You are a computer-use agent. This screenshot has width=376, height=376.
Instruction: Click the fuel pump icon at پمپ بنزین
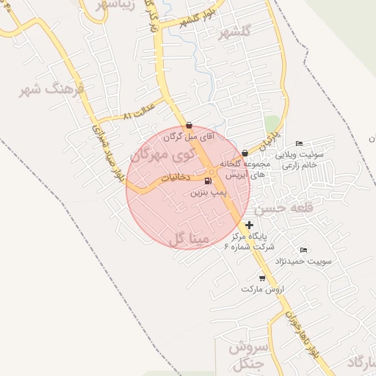pyautogui.click(x=208, y=181)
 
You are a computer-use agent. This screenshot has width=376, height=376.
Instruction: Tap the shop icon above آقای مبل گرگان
pyautogui.click(x=189, y=125)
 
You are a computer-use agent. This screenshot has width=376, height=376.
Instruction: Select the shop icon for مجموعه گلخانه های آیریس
pyautogui.click(x=245, y=153)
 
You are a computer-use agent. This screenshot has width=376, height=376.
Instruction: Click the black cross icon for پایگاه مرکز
pyautogui.click(x=250, y=225)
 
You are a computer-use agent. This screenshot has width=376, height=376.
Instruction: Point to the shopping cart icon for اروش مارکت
pyautogui.click(x=262, y=278)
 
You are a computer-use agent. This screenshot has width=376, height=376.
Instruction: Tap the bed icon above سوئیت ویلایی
pyautogui.click(x=298, y=143)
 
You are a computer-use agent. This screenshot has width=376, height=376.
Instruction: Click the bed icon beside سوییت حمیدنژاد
pyautogui.click(x=304, y=250)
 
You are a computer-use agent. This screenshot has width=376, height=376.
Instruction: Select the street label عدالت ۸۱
pyautogui.click(x=137, y=116)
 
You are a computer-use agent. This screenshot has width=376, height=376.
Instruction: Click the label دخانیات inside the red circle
pyautogui.click(x=176, y=178)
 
